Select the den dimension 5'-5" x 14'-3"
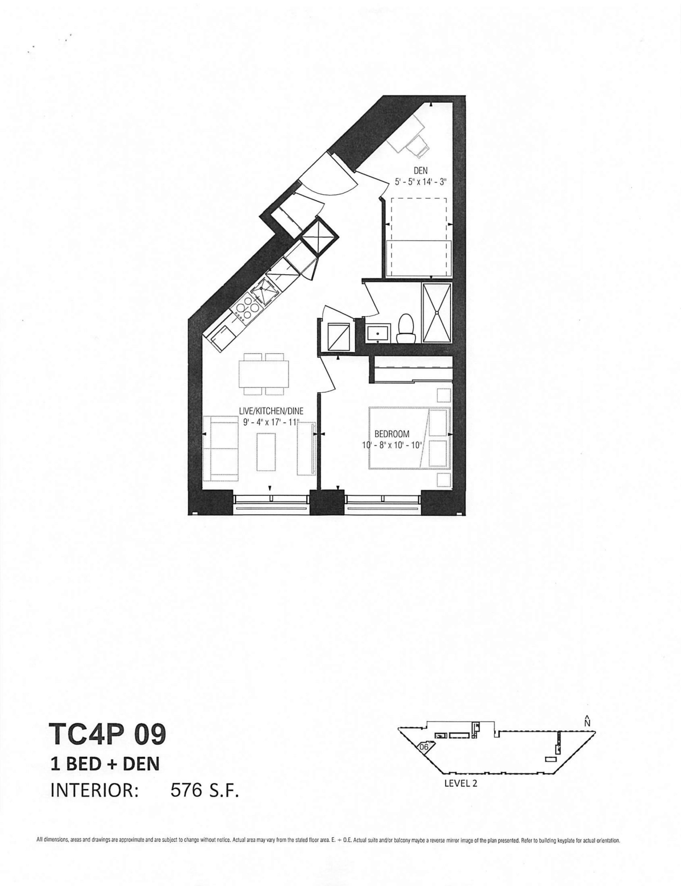coord(420,182)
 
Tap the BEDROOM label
coord(392,434)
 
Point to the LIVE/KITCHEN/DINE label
coord(271,411)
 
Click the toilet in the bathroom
coord(406,329)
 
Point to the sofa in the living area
coord(220,448)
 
